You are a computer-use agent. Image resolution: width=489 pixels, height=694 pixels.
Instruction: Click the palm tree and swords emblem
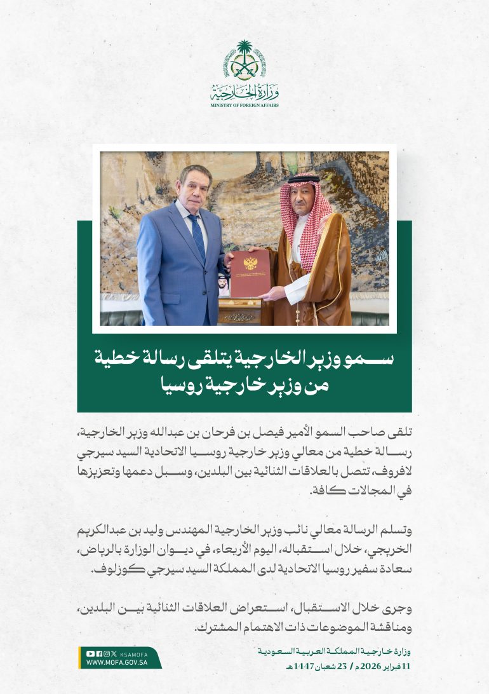coord(245,60)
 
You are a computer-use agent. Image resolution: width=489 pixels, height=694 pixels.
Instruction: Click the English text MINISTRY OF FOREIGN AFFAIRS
coord(245,105)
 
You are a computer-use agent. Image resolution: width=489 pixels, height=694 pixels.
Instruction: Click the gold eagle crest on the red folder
coord(249,262)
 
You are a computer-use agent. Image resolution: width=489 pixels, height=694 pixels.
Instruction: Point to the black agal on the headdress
coord(303,180)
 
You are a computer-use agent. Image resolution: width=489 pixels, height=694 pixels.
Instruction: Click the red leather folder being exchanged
coord(250,274)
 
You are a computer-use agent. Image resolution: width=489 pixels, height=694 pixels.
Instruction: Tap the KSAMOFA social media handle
coord(133,653)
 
